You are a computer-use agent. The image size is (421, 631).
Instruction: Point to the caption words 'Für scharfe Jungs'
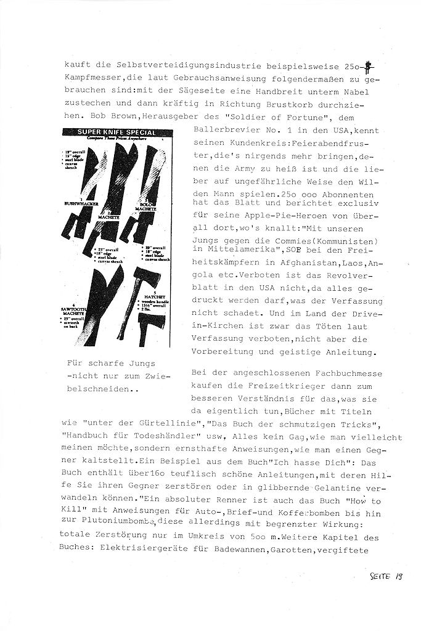[112, 363]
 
